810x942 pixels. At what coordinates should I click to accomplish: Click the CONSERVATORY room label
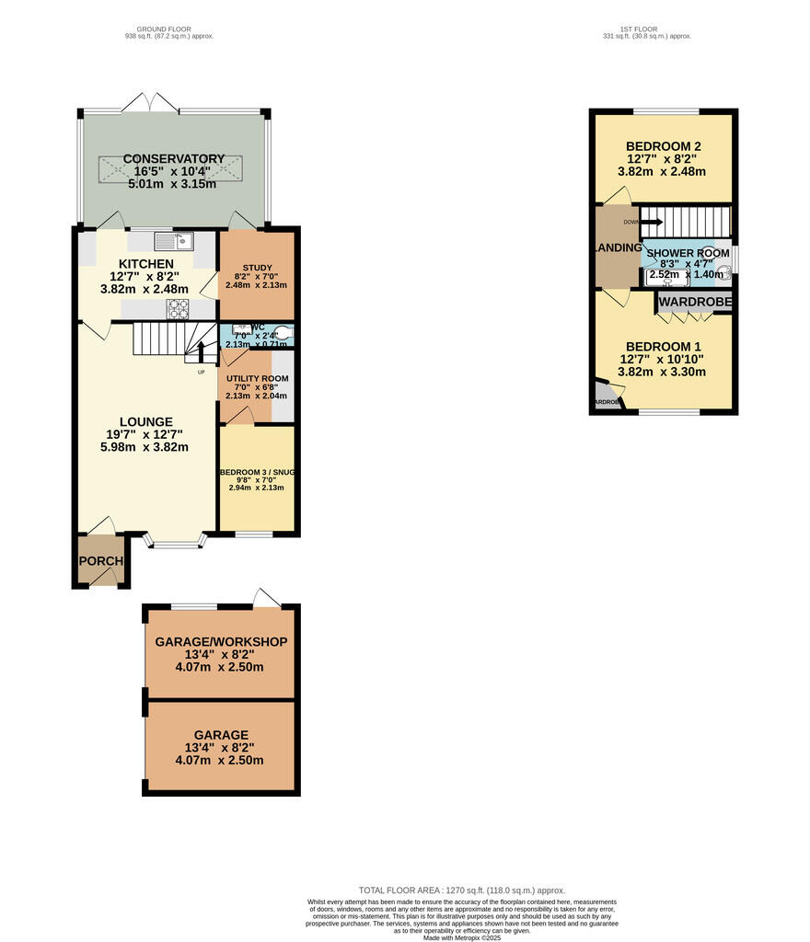(x=174, y=159)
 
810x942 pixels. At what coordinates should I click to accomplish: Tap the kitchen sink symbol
(x=172, y=241)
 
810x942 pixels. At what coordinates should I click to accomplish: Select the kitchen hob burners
(x=178, y=308)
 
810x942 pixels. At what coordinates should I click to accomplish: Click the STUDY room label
(x=257, y=269)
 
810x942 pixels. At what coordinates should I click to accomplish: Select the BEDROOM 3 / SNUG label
(x=257, y=473)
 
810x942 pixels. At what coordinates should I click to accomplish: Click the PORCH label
(x=100, y=562)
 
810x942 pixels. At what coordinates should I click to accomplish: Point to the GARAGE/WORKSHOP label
(x=221, y=641)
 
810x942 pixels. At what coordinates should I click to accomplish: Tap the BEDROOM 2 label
(x=664, y=146)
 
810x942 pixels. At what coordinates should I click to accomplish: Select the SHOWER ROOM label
(x=688, y=253)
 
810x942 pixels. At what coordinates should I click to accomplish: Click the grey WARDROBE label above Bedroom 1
(x=695, y=302)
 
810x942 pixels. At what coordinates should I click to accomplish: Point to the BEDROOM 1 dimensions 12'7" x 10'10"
(x=664, y=360)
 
